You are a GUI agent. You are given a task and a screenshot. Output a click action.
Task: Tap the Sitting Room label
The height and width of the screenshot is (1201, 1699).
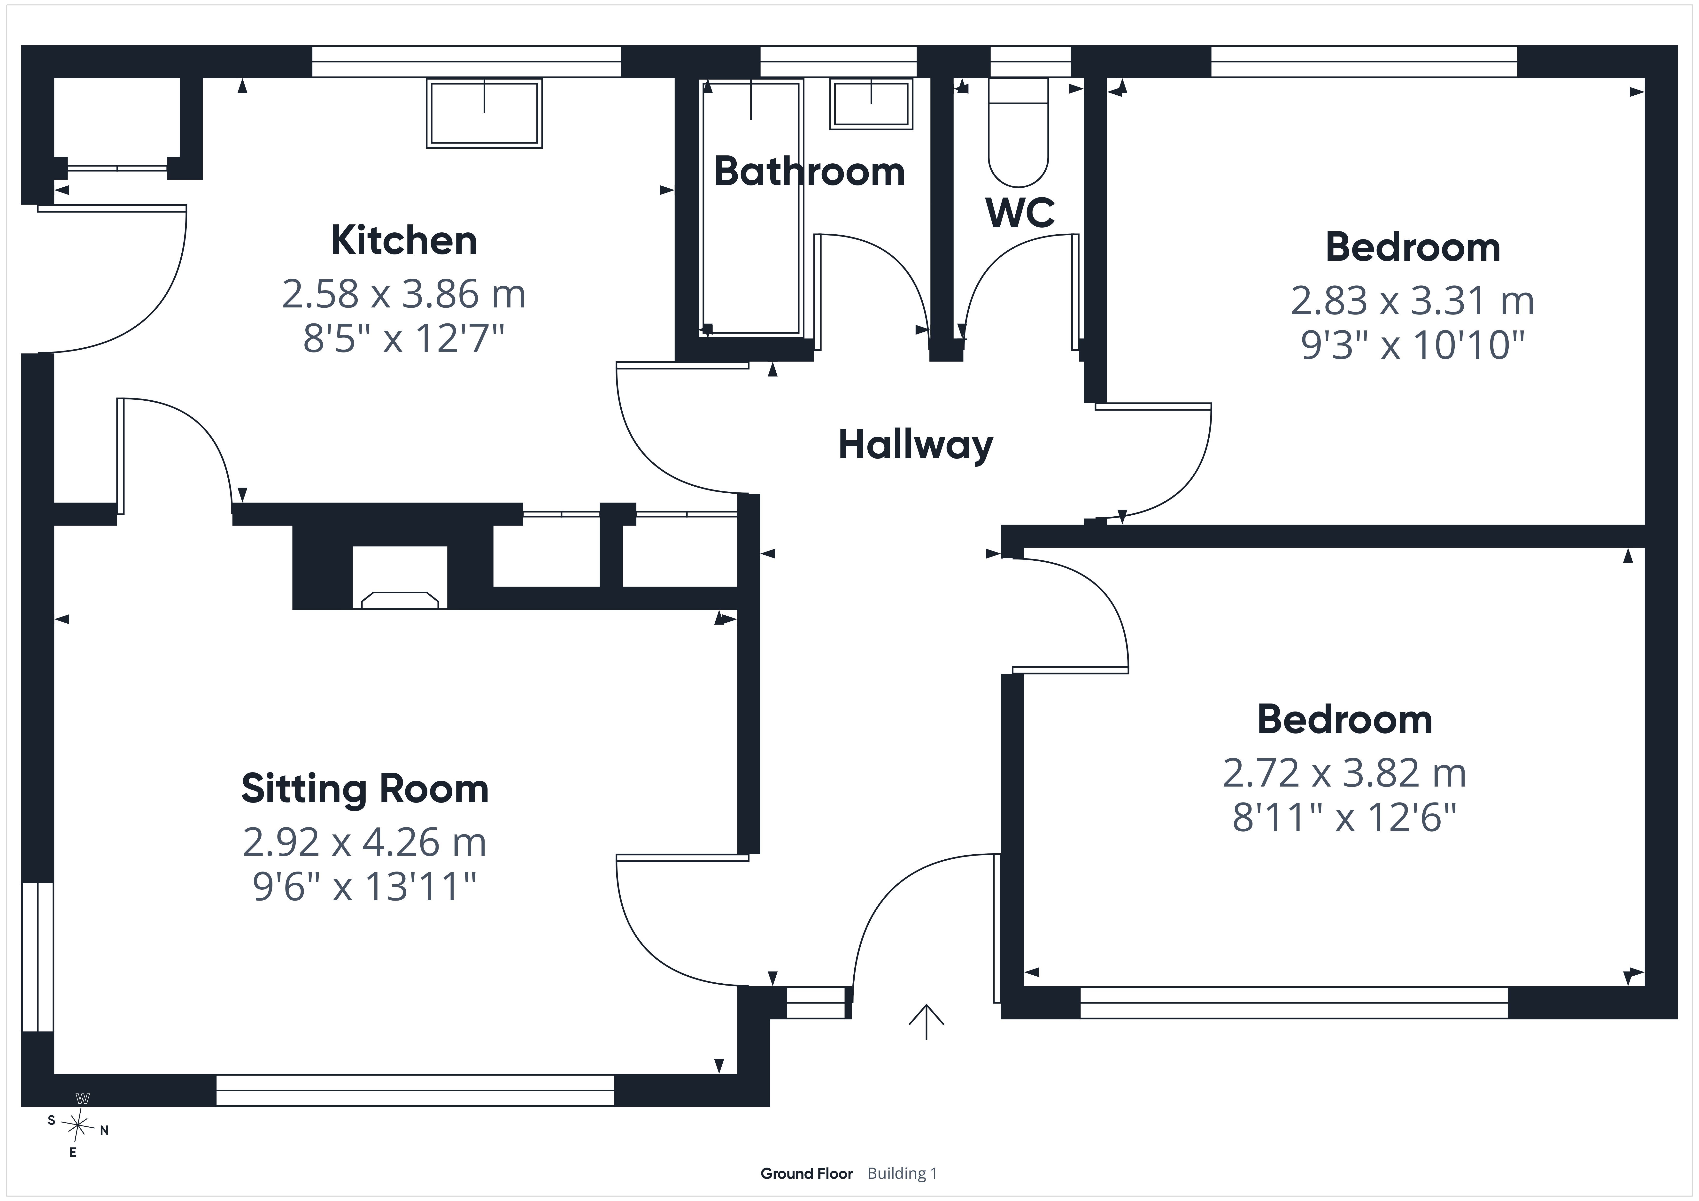coord(365,789)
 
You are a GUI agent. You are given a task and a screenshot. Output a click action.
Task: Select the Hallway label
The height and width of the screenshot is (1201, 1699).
coord(915,445)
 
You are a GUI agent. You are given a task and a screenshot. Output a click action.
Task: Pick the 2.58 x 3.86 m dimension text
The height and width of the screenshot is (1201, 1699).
coord(404,295)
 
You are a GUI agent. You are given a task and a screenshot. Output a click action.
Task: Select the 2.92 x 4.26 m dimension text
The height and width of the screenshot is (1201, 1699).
coord(365,842)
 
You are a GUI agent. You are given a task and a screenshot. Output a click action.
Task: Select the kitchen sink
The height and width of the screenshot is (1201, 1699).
coord(484,113)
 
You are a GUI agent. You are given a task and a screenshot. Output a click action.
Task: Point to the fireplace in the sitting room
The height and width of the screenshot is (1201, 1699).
coord(400,577)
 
